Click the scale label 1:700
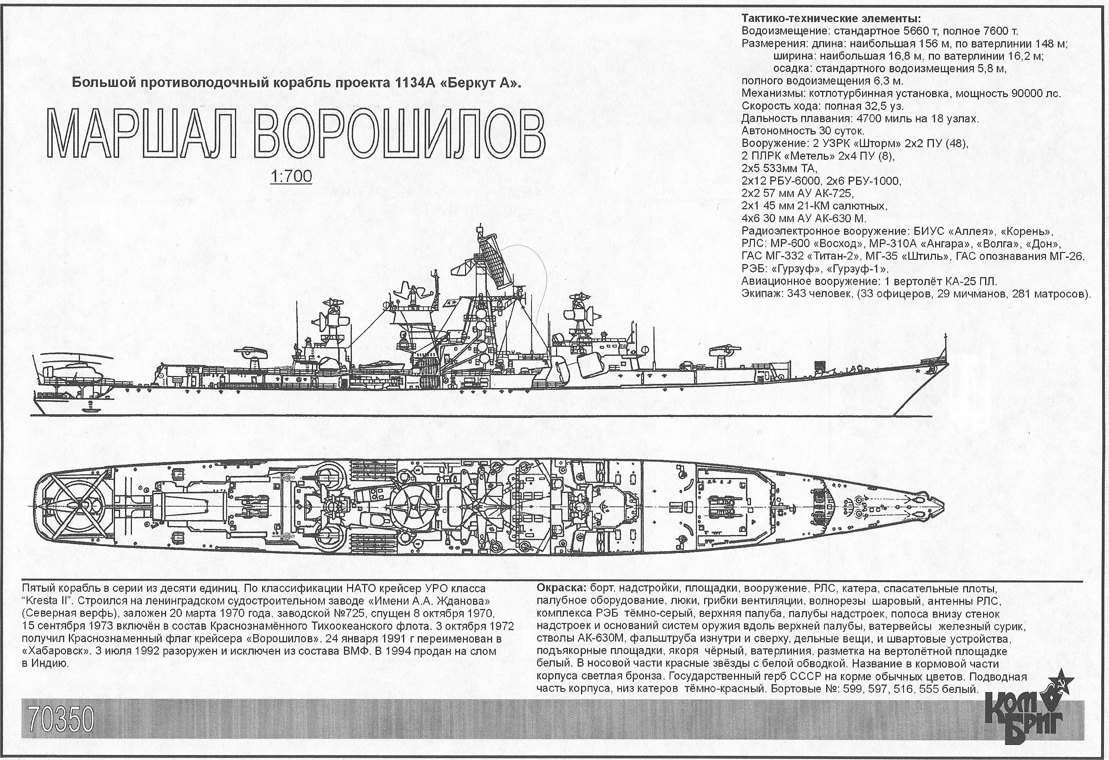click(291, 176)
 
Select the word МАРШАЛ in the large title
click(142, 135)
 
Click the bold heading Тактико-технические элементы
click(831, 19)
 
